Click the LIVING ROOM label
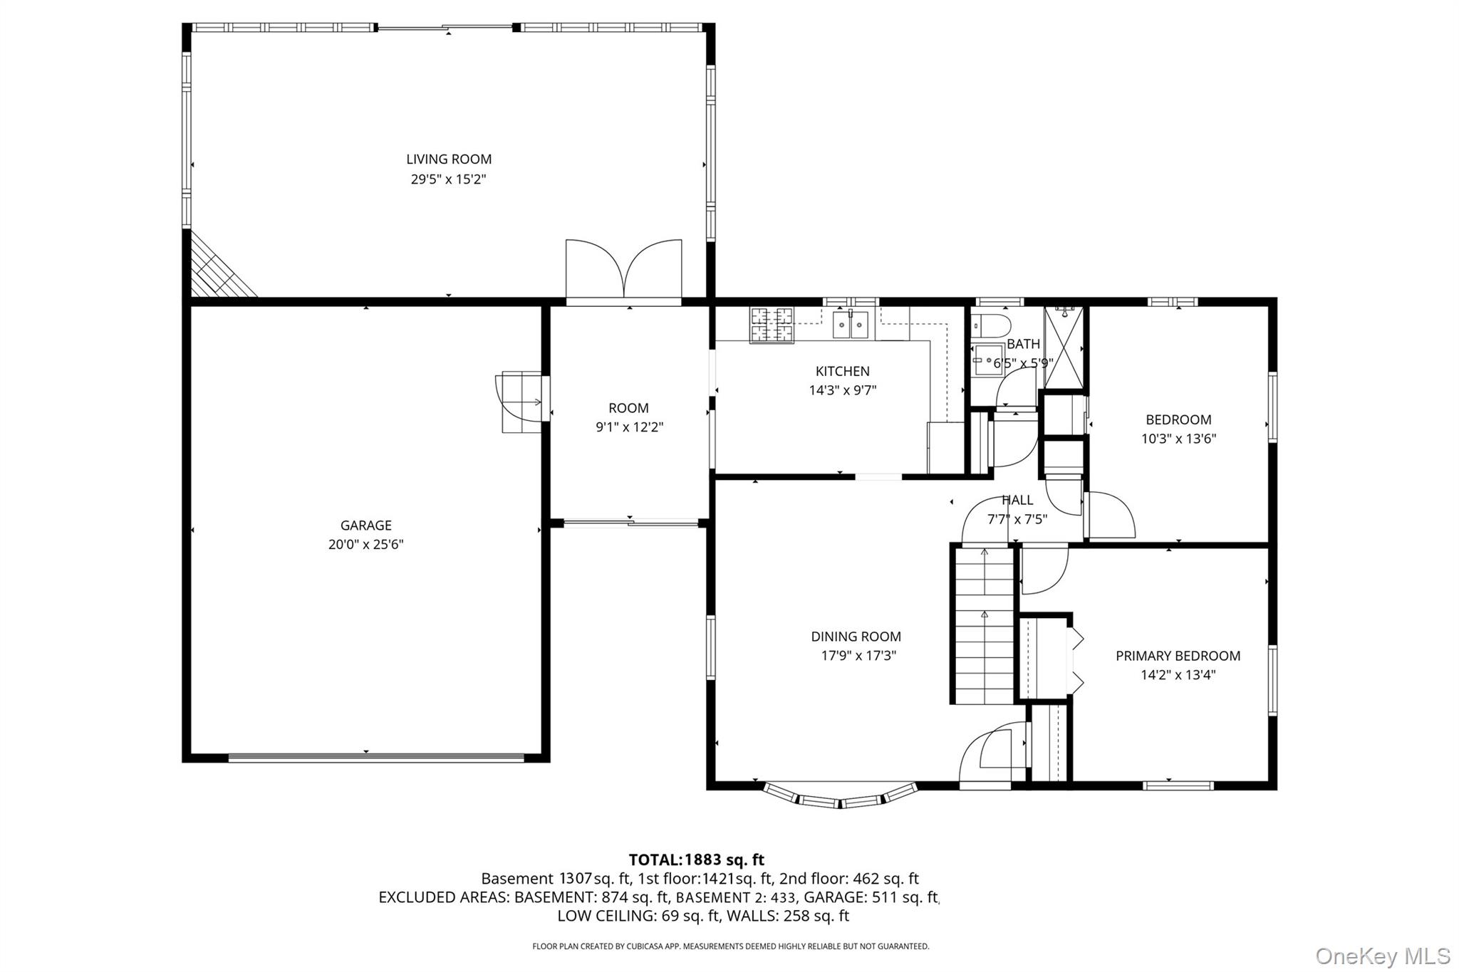[x=449, y=160]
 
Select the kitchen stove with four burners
[x=771, y=325]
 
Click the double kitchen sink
[x=852, y=325]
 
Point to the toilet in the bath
[x=991, y=325]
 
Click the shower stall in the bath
[x=1063, y=347]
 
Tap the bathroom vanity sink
[x=986, y=360]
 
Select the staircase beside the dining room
[x=984, y=625]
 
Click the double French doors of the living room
[x=624, y=272]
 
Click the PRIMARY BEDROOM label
[x=1178, y=656]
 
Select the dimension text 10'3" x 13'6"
[x=1178, y=439]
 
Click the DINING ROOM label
[x=856, y=637]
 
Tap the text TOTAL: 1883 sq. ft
[x=696, y=859]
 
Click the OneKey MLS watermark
[x=1382, y=956]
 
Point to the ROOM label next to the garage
[x=628, y=408]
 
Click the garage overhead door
[x=375, y=758]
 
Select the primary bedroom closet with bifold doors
[x=1044, y=659]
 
